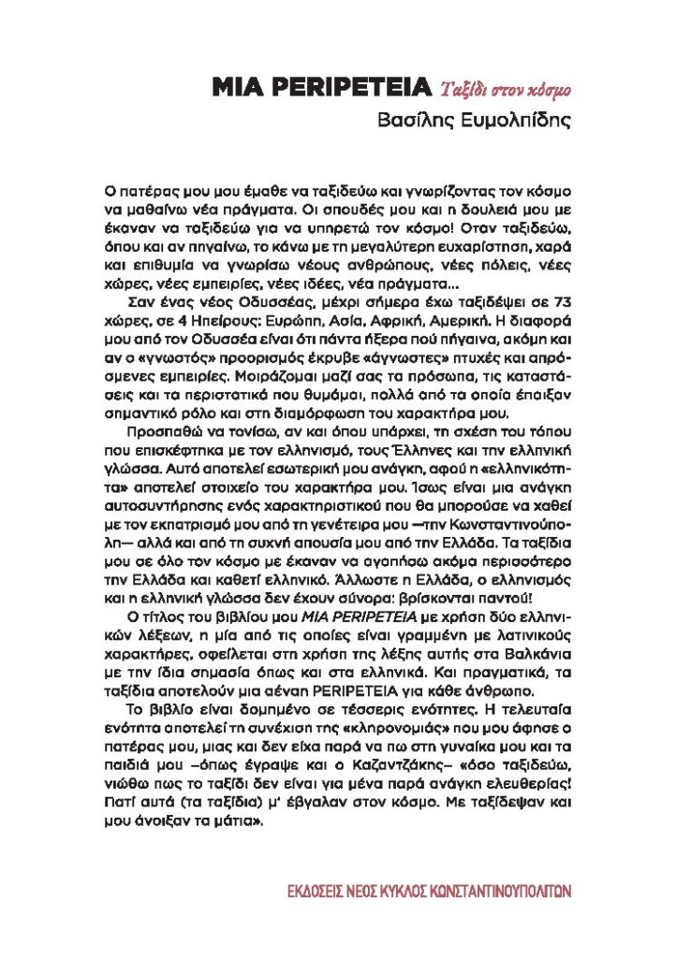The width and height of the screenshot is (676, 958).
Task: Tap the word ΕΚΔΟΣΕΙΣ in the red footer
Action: (x=321, y=890)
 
